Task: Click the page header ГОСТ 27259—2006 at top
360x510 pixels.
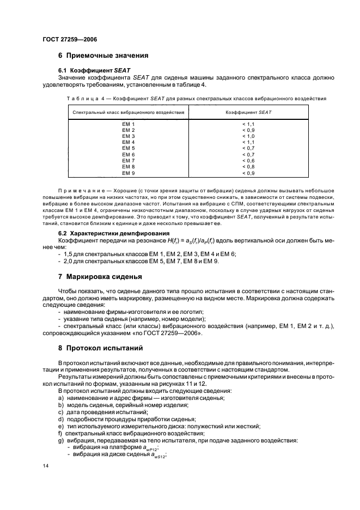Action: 70,39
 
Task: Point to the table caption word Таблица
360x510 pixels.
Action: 83,99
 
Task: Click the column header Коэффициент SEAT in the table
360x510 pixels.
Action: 248,113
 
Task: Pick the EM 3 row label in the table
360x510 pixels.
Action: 128,136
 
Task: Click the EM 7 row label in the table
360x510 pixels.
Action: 128,161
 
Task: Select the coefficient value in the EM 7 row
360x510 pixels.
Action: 248,161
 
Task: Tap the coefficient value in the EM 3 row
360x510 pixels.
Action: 248,136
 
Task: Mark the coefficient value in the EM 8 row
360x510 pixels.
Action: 248,167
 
